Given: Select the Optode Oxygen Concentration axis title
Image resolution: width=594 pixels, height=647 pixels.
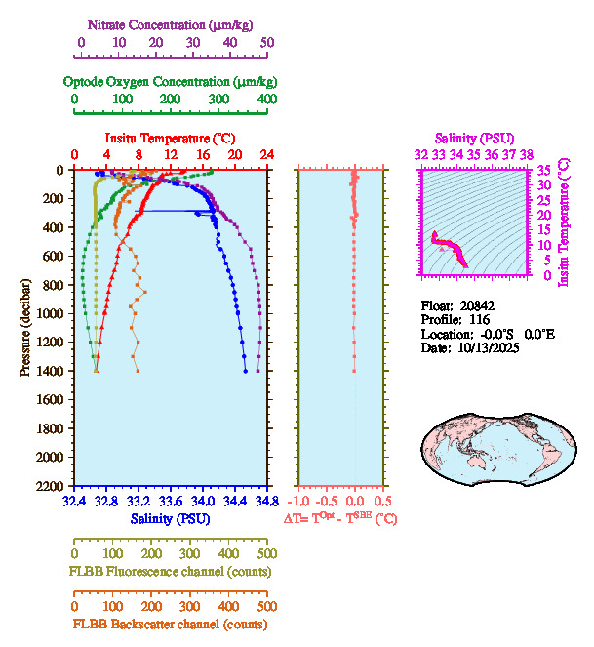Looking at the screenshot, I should (171, 81).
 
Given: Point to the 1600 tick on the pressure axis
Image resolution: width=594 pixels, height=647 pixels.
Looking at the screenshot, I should (51, 399).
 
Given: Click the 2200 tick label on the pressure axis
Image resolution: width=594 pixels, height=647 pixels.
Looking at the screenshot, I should (51, 486).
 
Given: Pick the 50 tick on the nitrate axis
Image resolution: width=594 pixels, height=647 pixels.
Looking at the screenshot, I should (267, 43).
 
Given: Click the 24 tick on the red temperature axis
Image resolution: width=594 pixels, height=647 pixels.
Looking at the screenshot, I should (266, 155).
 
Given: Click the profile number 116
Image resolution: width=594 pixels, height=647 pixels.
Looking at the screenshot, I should (480, 319).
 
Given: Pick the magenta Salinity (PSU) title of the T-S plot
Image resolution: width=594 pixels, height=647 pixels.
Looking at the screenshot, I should (473, 140).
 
